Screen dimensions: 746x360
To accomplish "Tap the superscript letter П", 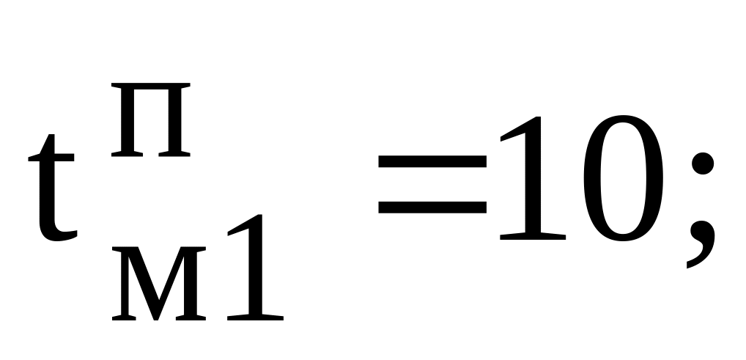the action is (151, 120).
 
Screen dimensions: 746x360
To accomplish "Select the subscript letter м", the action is (159, 283).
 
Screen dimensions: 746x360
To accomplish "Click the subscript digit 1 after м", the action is (256, 268).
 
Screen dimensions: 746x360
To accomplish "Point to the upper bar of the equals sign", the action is (432, 161).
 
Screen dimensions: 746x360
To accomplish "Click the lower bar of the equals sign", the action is (432, 207).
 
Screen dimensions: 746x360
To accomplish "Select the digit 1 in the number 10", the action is (533, 178).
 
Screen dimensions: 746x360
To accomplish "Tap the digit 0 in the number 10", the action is (623, 178).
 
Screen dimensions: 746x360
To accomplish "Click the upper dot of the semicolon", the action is (703, 164).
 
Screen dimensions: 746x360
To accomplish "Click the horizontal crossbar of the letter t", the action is (51, 158).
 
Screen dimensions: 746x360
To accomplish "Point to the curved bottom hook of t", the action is (59, 233).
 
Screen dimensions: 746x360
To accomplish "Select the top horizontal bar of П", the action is (151, 87).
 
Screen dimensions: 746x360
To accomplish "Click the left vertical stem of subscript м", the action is (125, 283).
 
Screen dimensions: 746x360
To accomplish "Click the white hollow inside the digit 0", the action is (623, 178).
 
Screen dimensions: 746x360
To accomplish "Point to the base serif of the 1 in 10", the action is (533, 236).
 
